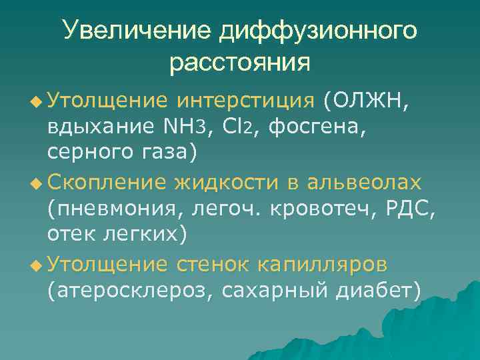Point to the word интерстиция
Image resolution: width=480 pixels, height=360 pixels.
click(x=245, y=101)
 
